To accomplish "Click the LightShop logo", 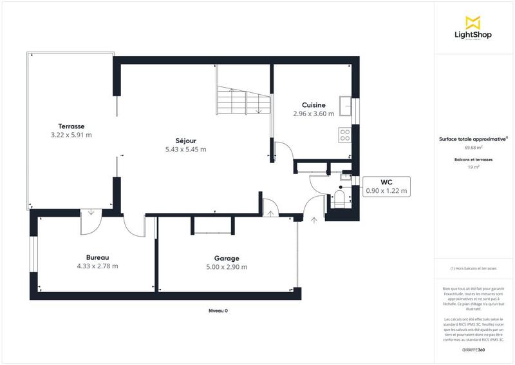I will point(473,30).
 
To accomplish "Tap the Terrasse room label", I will point(71,126).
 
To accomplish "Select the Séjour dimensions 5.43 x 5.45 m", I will point(185,150).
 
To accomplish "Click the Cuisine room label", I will point(314,105).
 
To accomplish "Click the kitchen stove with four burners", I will point(345,135).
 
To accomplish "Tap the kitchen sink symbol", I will point(347,104).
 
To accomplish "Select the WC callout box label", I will point(387,182).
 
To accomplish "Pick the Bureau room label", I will point(97,257).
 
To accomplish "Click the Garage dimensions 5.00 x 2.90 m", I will point(227,267).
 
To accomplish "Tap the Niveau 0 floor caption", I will point(218,311).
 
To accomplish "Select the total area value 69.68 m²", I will point(473,147).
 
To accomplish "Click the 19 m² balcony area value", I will point(473,167).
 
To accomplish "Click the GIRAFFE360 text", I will point(473,349).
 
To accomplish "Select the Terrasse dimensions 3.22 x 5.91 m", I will point(71,135).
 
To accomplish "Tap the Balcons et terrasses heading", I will point(473,159).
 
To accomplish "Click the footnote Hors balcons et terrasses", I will point(473,268).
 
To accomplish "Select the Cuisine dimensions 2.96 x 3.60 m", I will point(314,113).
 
